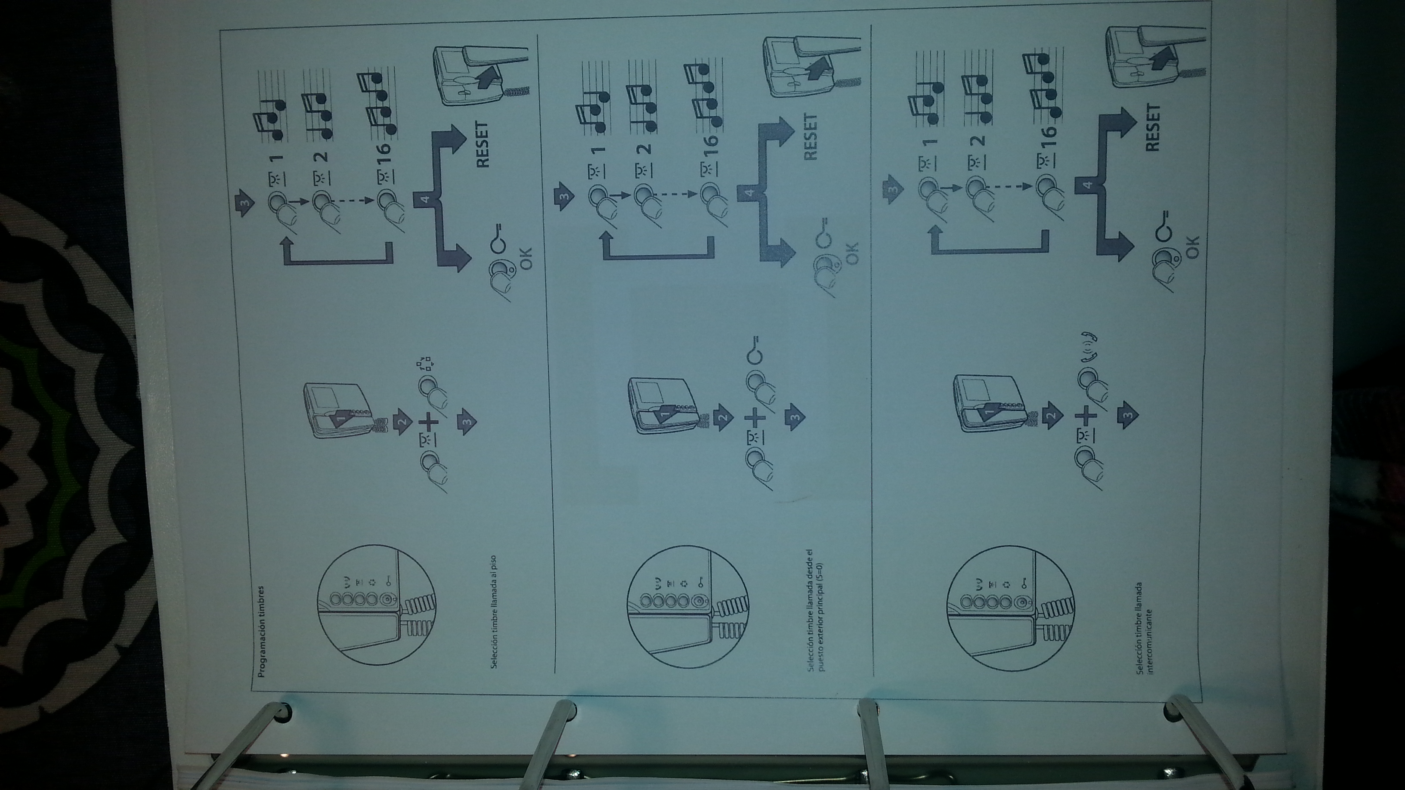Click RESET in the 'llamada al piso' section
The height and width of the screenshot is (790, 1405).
click(x=483, y=144)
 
